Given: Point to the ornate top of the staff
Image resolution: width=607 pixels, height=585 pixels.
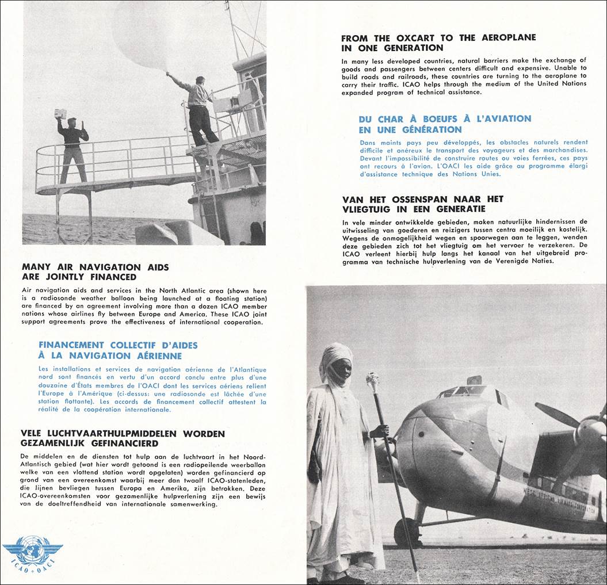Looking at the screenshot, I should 373,381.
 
